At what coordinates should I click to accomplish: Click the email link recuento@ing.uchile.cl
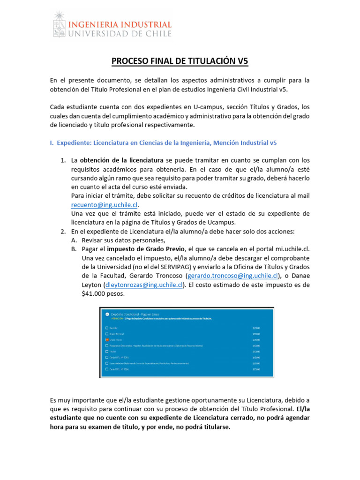click(105, 204)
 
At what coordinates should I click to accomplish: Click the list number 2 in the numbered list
click(63, 232)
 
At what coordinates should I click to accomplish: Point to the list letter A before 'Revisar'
click(74, 240)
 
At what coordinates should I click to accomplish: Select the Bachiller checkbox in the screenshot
click(107, 328)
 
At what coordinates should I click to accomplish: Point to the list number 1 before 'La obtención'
click(63, 160)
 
